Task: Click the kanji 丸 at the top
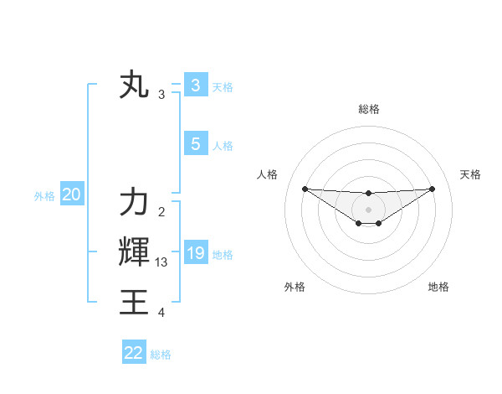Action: [134, 86]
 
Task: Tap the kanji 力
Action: [134, 204]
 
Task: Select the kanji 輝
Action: [134, 253]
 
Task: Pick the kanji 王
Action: [134, 303]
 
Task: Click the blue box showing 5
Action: [195, 144]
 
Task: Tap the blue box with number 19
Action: [195, 253]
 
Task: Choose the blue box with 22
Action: [133, 353]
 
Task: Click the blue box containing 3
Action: [195, 85]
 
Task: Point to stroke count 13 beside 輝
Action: [161, 262]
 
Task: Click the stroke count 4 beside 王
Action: [161, 313]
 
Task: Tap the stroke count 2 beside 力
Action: [161, 212]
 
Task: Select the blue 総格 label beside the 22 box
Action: [161, 355]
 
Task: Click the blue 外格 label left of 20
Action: [44, 196]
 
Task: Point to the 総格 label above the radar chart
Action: [368, 109]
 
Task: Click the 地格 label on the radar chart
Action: [438, 287]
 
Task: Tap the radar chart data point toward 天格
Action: [433, 189]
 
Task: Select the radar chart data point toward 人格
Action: [305, 189]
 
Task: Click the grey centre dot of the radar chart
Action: [368, 209]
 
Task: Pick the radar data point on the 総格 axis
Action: [368, 194]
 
